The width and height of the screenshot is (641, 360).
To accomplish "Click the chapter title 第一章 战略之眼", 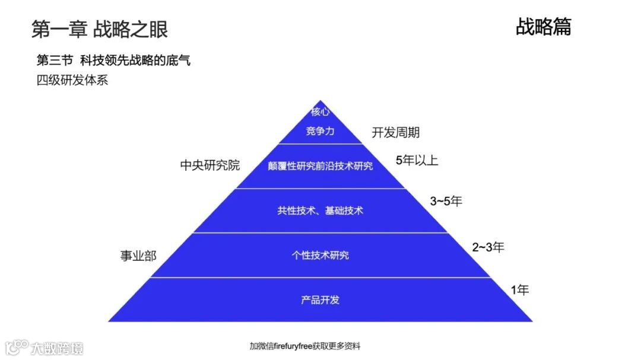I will (100, 29).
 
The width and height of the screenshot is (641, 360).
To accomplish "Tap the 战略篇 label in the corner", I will (543, 27).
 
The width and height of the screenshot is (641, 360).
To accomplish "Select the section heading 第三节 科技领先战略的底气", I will (113, 60).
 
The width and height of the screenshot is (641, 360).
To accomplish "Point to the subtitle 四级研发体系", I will (72, 80).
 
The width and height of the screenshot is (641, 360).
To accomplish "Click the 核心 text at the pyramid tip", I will (320, 112).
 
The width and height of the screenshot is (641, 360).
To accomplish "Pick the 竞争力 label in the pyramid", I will (320, 131).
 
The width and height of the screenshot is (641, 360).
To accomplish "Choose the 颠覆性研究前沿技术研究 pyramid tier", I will (320, 166).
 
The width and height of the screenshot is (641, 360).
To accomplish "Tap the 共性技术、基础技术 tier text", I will (320, 211).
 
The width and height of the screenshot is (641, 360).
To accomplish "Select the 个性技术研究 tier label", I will (320, 255).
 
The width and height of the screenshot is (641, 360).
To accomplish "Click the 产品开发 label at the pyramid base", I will (320, 300).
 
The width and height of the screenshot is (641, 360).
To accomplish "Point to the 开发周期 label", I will (396, 132).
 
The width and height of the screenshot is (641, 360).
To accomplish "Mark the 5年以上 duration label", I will (417, 160).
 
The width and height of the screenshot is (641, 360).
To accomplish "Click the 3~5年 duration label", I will (446, 201).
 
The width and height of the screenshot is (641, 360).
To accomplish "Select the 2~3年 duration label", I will (488, 247).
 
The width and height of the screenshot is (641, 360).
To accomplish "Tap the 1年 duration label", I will (519, 290).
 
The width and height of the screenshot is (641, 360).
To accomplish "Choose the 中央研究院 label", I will (210, 165).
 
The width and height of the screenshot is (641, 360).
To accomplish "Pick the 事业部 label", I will (138, 256).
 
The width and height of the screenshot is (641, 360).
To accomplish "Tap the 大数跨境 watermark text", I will (58, 348).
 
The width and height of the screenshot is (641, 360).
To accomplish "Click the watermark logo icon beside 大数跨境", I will (17, 346).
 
